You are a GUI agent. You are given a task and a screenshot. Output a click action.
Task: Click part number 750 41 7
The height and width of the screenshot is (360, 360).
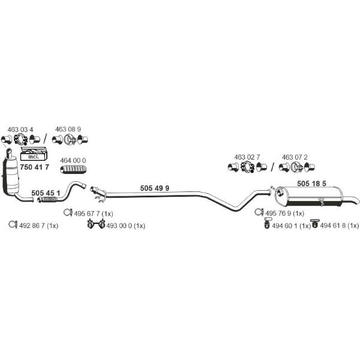(x=34, y=167)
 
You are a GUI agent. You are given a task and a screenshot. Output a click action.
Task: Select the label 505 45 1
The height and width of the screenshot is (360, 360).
(x=46, y=193)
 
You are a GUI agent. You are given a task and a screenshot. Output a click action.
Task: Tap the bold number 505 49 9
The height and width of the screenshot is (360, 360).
(x=155, y=188)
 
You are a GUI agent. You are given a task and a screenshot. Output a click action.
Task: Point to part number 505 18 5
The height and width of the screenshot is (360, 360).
(x=311, y=184)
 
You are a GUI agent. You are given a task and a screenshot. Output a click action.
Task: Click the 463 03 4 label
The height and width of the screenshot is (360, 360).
(x=20, y=130)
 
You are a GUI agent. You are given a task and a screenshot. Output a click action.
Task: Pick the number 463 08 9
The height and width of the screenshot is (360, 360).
(x=68, y=129)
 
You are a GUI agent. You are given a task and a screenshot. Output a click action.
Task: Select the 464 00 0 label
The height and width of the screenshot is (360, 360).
(x=73, y=160)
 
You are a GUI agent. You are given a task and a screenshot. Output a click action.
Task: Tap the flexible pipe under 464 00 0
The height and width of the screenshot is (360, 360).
(x=73, y=169)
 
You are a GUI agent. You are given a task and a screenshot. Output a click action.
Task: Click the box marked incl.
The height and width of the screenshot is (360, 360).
(x=34, y=154)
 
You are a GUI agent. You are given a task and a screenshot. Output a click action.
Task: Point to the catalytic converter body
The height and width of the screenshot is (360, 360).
(x=11, y=176)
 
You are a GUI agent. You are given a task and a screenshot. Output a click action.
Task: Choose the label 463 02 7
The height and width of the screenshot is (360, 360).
(x=247, y=157)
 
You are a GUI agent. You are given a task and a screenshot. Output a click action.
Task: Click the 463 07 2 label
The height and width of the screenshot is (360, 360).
(x=295, y=157)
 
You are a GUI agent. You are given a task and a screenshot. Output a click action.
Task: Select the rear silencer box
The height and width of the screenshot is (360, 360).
(x=309, y=197)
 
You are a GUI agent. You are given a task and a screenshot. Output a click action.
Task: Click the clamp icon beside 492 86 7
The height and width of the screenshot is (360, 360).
(x=13, y=224)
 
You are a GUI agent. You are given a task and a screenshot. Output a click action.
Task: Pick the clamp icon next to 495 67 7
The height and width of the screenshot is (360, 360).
(x=68, y=212)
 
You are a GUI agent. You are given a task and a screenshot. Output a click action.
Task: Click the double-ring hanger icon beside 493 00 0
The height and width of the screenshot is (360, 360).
(x=96, y=224)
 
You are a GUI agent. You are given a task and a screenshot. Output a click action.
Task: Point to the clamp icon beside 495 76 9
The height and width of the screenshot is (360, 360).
(x=259, y=212)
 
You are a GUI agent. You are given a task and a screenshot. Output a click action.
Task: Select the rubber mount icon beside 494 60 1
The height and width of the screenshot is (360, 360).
(x=267, y=223)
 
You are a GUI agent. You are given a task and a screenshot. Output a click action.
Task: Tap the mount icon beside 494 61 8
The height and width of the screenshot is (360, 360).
(x=315, y=223)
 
